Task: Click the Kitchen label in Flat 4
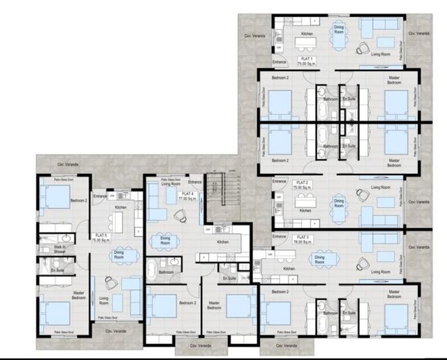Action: point(222,242)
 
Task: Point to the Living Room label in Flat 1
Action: point(383,54)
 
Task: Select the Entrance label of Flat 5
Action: point(101,196)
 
